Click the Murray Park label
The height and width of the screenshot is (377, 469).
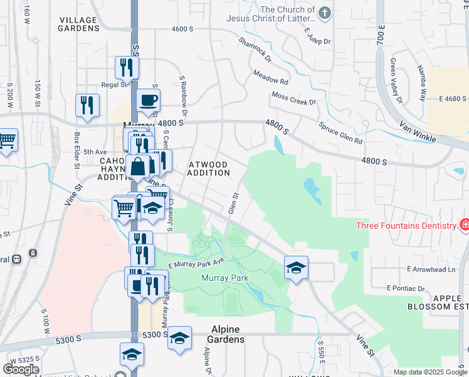pyautogui.click(x=224, y=278)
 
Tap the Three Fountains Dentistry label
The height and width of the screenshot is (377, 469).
pyautogui.click(x=405, y=226)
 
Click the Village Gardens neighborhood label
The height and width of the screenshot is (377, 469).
pyautogui.click(x=79, y=23)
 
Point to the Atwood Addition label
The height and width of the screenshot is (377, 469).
pyautogui.click(x=208, y=168)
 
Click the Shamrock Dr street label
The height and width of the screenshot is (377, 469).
pyautogui.click(x=255, y=50)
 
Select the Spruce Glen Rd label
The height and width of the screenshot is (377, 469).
pyautogui.click(x=340, y=133)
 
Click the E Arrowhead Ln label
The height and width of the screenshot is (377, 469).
pyautogui.click(x=431, y=269)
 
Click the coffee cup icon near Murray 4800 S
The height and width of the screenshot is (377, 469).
pyautogui.click(x=149, y=101)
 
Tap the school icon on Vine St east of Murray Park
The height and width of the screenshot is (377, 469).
pyautogui.click(x=296, y=268)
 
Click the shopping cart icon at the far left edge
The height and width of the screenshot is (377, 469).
pyautogui.click(x=7, y=139)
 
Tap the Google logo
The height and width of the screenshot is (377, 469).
pyautogui.click(x=21, y=369)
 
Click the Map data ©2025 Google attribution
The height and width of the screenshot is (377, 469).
pyautogui.click(x=430, y=372)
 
